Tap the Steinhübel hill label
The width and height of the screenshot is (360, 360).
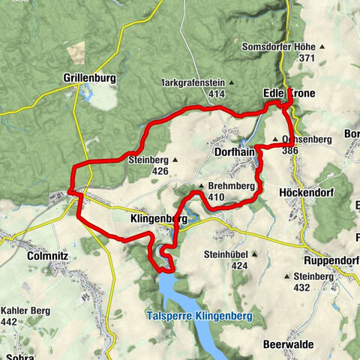[225, 255]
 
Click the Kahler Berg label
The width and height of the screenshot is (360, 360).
[20, 311]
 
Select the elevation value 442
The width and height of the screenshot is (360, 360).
[10, 322]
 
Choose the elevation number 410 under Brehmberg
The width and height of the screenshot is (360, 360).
[217, 198]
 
